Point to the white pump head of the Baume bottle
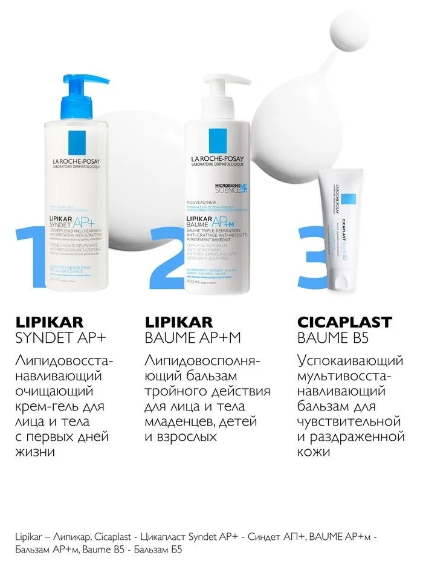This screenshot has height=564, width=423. pos(221,91)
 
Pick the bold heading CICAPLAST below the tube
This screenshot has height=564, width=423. pos(345,322)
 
